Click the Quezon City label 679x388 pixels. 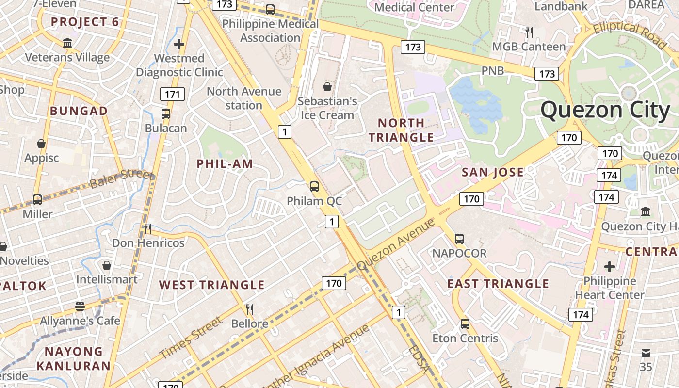[x=605, y=110]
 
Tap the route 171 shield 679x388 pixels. [x=173, y=94]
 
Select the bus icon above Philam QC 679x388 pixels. [x=314, y=186]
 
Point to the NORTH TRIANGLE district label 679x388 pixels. [x=401, y=130]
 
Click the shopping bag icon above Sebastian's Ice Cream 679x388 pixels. [x=327, y=87]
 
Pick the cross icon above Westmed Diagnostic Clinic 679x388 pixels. [x=179, y=44]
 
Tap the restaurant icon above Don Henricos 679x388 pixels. [x=148, y=228]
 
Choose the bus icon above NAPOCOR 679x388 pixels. [x=459, y=239]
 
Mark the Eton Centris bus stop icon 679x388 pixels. [x=465, y=323]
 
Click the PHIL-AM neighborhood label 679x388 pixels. [x=225, y=164]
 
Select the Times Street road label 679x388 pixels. [x=191, y=338]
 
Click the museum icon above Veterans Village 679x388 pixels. [x=67, y=43]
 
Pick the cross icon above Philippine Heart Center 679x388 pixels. [x=610, y=266]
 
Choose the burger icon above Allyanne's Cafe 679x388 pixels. [x=80, y=307]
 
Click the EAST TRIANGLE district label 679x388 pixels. [x=498, y=284]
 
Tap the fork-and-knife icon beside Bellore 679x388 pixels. [x=250, y=309]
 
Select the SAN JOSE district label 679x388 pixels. [x=493, y=172]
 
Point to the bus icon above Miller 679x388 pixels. [x=37, y=199]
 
